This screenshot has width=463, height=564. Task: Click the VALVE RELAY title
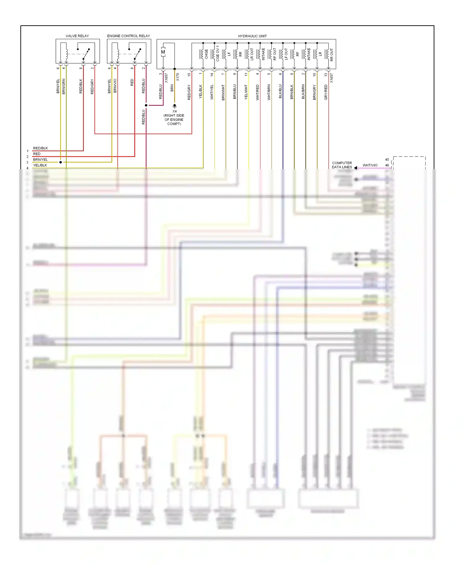coord(77,36)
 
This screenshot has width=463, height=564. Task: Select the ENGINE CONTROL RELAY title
coord(128,36)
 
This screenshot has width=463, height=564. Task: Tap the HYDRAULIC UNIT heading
coord(252,36)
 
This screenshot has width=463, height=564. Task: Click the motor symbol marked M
coord(163,52)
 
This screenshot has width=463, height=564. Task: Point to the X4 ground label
coord(174,111)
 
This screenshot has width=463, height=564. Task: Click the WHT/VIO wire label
coord(370,165)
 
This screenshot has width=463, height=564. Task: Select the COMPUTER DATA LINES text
coord(342,165)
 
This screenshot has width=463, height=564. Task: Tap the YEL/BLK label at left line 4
coord(40,165)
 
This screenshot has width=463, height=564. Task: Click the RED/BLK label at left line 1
coord(40,148)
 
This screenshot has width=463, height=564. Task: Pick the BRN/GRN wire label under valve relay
coord(64,86)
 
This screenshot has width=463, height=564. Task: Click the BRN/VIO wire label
coord(115,86)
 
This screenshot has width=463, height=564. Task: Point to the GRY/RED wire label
coord(326,92)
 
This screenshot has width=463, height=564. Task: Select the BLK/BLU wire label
coord(280,91)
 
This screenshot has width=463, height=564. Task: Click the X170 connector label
coord(177,77)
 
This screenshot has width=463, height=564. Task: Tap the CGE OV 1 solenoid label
coord(218,53)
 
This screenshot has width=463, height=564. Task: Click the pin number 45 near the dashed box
coord(387,160)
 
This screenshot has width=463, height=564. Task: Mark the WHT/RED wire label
coord(257,92)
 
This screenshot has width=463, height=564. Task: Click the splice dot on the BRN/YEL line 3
coord(60,162)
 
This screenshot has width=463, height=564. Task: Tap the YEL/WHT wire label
coord(246,92)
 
